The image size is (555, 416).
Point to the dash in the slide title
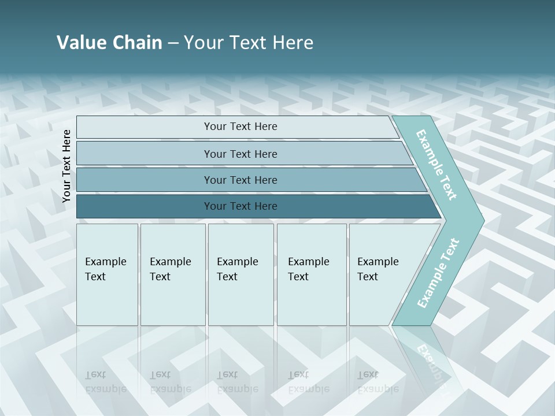(173, 43)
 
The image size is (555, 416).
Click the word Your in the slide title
(202, 43)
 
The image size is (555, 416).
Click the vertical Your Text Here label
(66, 166)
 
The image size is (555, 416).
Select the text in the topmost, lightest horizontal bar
(240, 127)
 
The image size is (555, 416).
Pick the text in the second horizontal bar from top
(240, 154)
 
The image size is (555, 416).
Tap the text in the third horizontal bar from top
(240, 180)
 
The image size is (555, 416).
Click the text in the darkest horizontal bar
(240, 206)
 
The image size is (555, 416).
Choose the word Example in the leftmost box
(105, 262)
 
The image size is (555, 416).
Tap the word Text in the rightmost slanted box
(368, 277)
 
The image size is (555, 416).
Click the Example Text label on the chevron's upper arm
(436, 165)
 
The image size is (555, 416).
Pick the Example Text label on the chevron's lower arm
(438, 273)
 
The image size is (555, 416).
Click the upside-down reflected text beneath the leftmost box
(105, 382)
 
